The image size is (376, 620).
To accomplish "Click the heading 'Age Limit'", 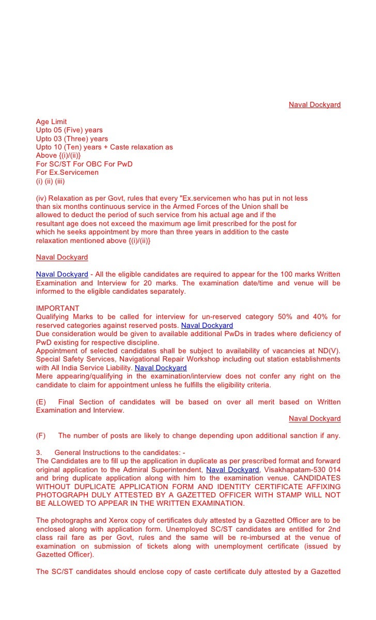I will [x=51, y=122].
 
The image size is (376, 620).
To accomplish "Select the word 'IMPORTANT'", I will [x=58, y=309].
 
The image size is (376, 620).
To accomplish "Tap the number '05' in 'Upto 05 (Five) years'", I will [x=58, y=130].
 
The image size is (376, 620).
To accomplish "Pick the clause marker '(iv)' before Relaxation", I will [x=41, y=198].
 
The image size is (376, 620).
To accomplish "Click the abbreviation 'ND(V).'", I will [x=328, y=351].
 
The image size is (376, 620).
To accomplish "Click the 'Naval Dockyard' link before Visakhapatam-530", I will [x=232, y=470].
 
